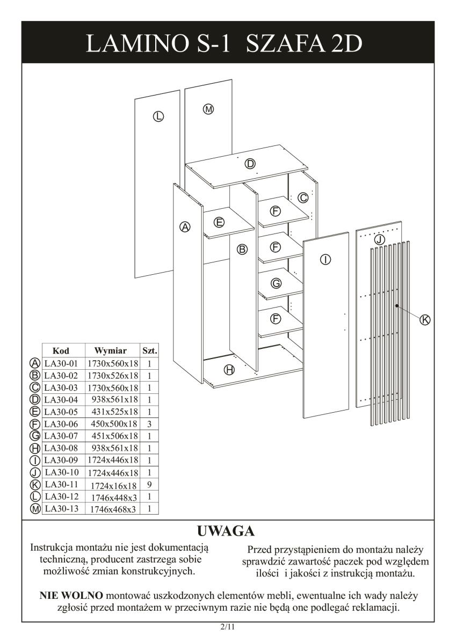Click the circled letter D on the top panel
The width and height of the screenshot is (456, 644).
tap(250, 164)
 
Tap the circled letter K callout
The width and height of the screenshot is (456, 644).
tap(424, 319)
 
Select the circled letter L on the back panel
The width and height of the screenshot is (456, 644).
tap(158, 116)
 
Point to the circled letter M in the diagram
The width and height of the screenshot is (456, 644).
tap(208, 109)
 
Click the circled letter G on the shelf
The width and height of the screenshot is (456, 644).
tap(276, 283)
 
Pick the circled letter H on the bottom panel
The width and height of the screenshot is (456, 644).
tap(229, 370)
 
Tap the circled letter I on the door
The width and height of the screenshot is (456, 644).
tap(325, 260)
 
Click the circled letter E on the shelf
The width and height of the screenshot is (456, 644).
tap(219, 222)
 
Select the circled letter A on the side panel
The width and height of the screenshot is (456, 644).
tap(185, 227)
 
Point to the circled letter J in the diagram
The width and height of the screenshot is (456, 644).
tap(379, 239)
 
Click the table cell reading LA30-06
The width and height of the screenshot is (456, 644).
tap(61, 424)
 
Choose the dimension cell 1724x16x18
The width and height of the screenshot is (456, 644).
tap(114, 485)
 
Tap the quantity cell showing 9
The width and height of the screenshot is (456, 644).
tap(149, 484)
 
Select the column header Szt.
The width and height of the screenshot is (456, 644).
tap(149, 351)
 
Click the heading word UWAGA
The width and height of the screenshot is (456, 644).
tap(226, 531)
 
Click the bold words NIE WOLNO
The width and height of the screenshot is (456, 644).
tap(72, 596)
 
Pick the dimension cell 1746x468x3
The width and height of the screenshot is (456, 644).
tap(114, 509)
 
